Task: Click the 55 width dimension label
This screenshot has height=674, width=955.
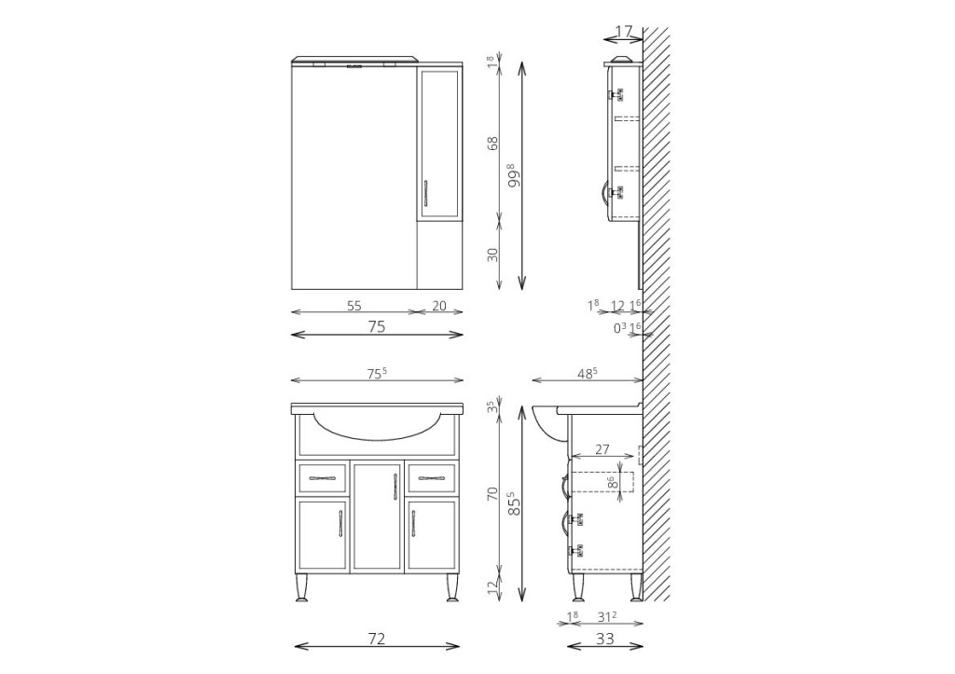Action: click(x=353, y=306)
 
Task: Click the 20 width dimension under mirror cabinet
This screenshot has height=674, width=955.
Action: click(x=439, y=306)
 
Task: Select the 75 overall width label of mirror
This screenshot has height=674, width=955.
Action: click(x=377, y=327)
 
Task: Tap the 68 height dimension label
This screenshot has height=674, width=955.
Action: click(x=492, y=143)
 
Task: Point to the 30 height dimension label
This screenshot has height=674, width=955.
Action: click(x=492, y=254)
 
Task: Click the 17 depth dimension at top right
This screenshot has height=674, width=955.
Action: click(x=624, y=31)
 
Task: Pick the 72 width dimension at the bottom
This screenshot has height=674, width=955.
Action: click(x=377, y=639)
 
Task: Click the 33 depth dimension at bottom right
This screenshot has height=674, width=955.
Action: click(x=605, y=639)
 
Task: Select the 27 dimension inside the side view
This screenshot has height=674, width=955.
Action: click(x=602, y=450)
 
